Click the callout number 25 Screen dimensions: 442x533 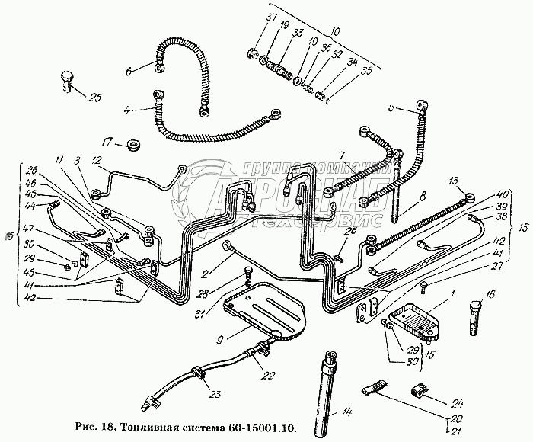pyautogui.click(x=95, y=97)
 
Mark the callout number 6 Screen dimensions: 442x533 pyautogui.click(x=129, y=71)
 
